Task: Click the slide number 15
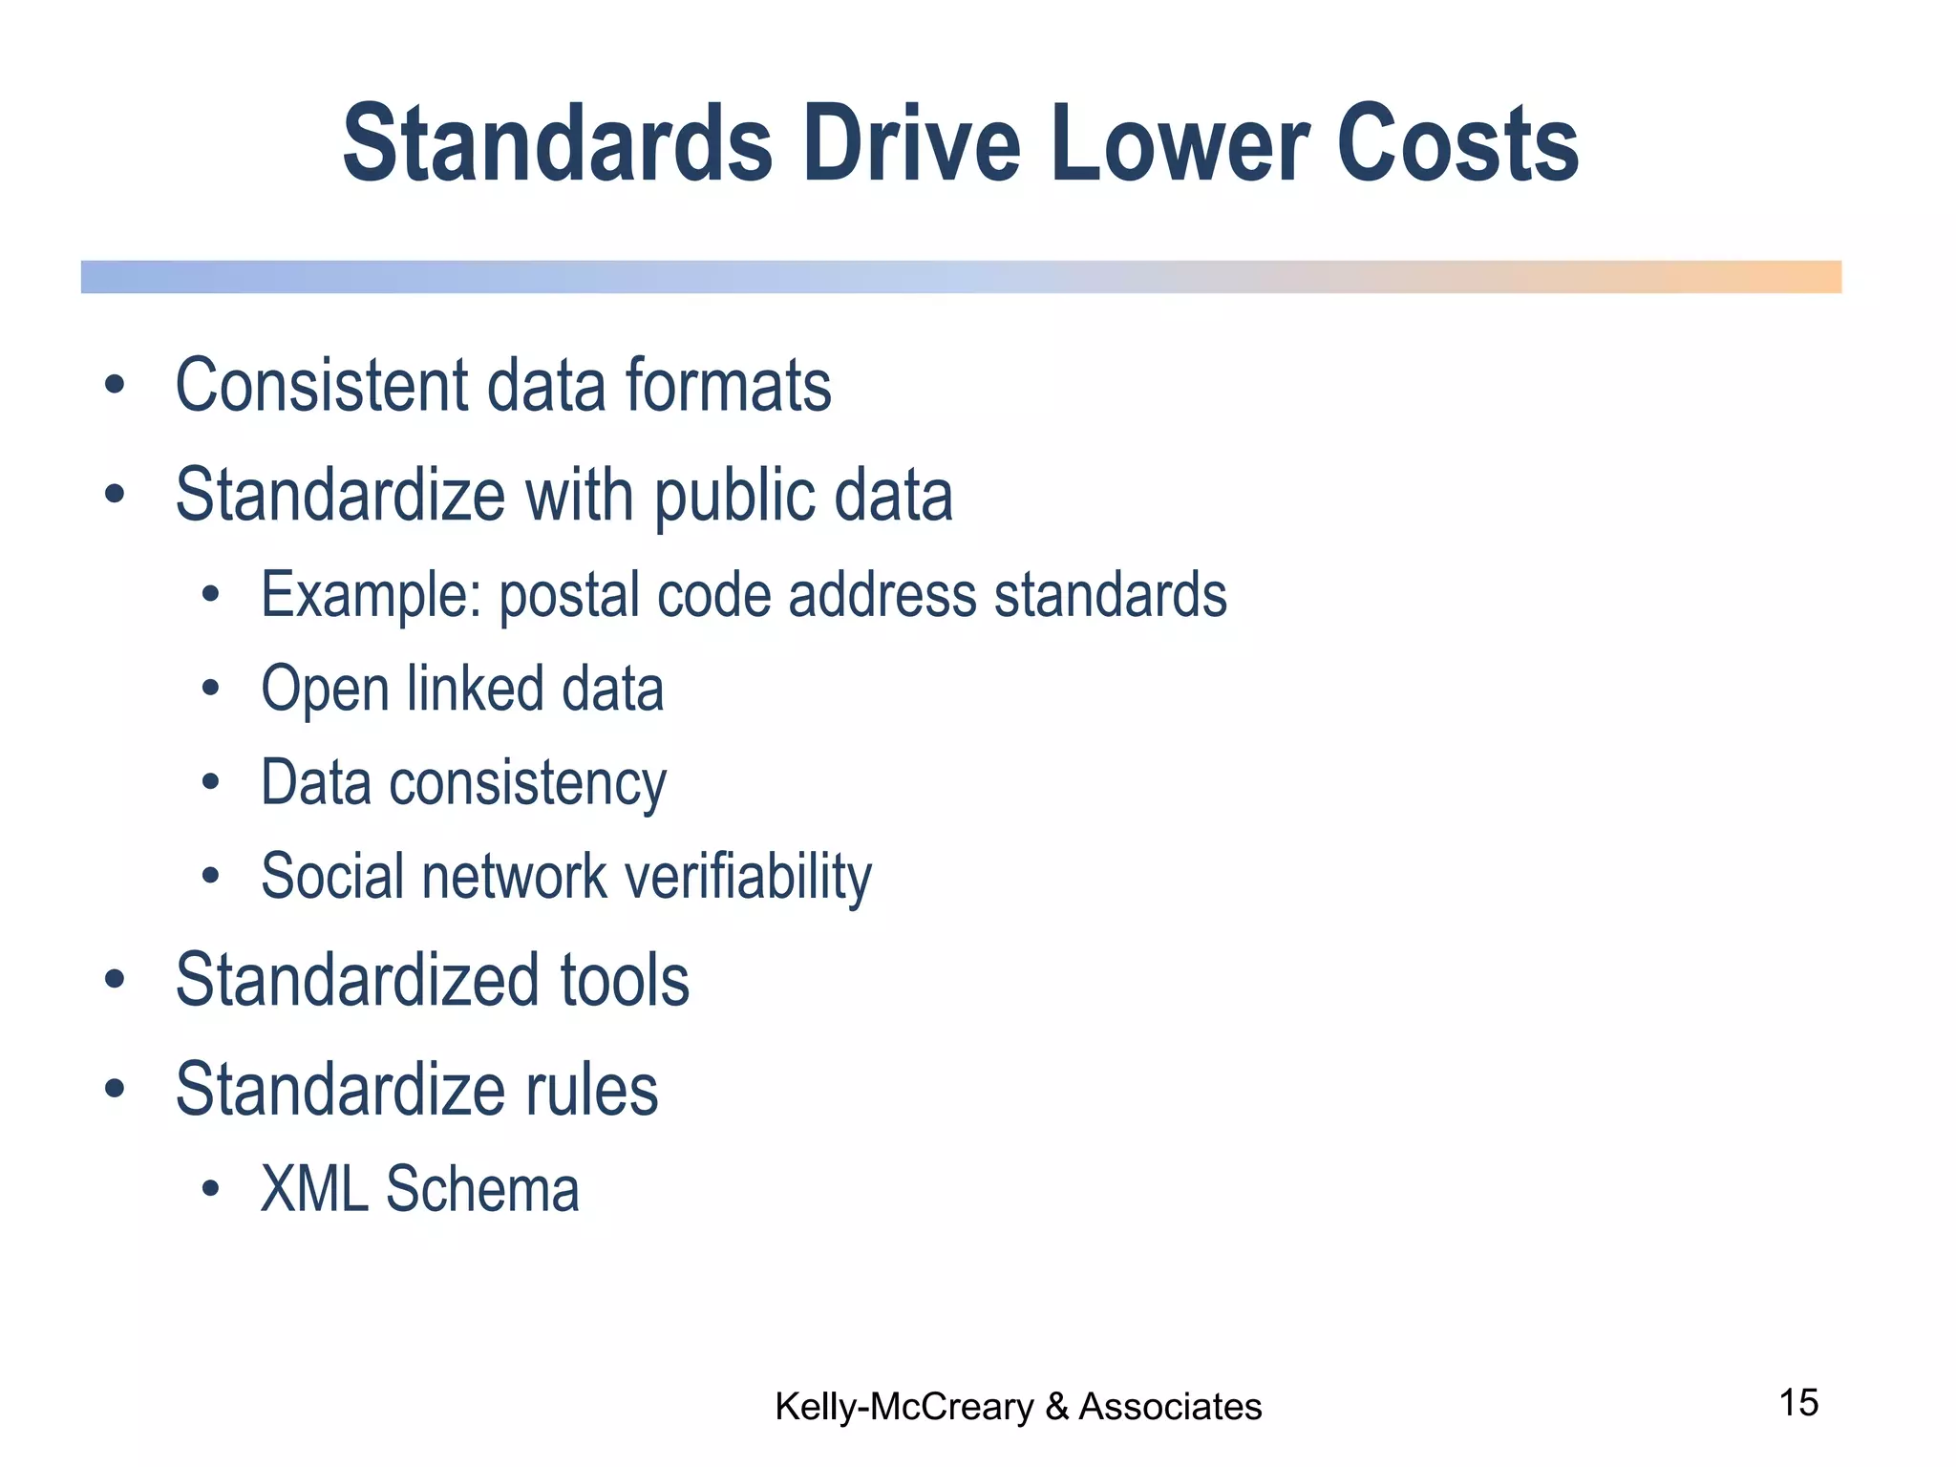coord(1798,1403)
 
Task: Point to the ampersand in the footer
coord(1056,1407)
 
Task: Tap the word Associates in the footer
coord(1170,1407)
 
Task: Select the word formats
coord(729,385)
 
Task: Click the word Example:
coord(371,595)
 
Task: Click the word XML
coord(314,1189)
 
